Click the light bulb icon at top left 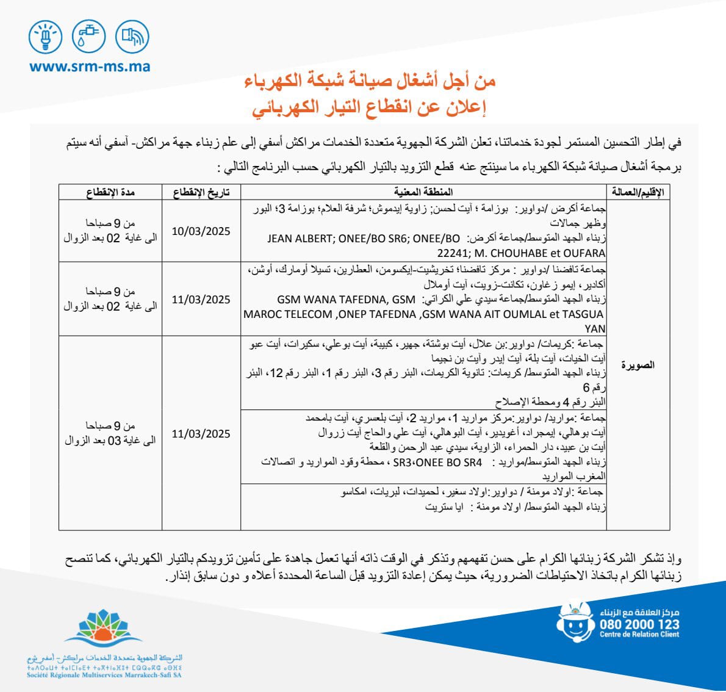pyautogui.click(x=46, y=37)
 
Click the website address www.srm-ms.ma pyautogui.click(x=90, y=67)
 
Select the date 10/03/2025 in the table pyautogui.click(x=201, y=231)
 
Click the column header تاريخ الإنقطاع pyautogui.click(x=201, y=192)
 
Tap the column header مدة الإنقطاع pyautogui.click(x=110, y=192)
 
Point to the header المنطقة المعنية pyautogui.click(x=423, y=192)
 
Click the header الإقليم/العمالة pyautogui.click(x=638, y=192)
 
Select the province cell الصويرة pyautogui.click(x=638, y=365)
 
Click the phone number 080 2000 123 pyautogui.click(x=639, y=624)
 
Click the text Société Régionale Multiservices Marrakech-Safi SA pyautogui.click(x=104, y=675)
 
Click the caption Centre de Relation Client pyautogui.click(x=639, y=635)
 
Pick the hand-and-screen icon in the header pyautogui.click(x=132, y=37)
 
